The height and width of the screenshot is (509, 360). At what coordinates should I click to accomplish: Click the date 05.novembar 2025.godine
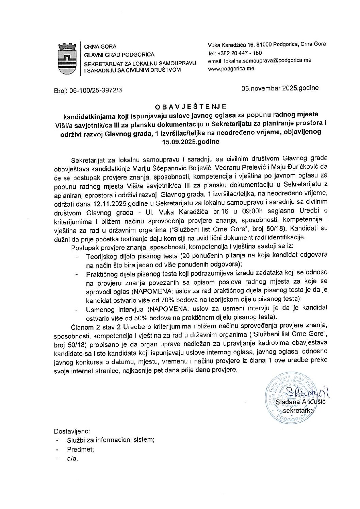click(x=280, y=88)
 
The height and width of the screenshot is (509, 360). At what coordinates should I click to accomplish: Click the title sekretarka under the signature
click(x=298, y=410)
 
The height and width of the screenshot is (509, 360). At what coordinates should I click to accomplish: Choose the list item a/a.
click(x=72, y=458)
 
